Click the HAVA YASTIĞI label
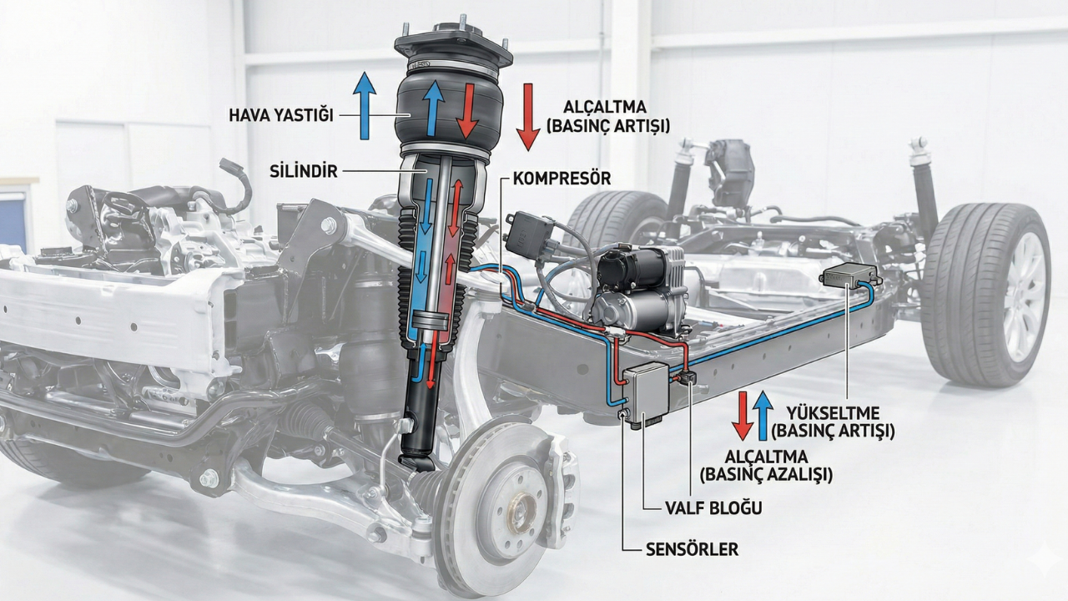point(281,115)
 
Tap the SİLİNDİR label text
point(303,171)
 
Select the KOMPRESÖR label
point(562,179)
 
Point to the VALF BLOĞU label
point(713,508)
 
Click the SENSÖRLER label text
point(692,549)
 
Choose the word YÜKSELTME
point(833,413)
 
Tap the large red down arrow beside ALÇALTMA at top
point(528,117)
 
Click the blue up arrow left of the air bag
point(365,105)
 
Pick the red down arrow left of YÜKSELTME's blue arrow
point(743,416)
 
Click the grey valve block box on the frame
point(647,392)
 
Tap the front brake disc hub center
point(521,513)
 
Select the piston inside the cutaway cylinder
point(431,321)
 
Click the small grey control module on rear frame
point(849,275)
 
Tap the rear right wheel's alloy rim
point(1025,295)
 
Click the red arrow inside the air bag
point(467,111)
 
